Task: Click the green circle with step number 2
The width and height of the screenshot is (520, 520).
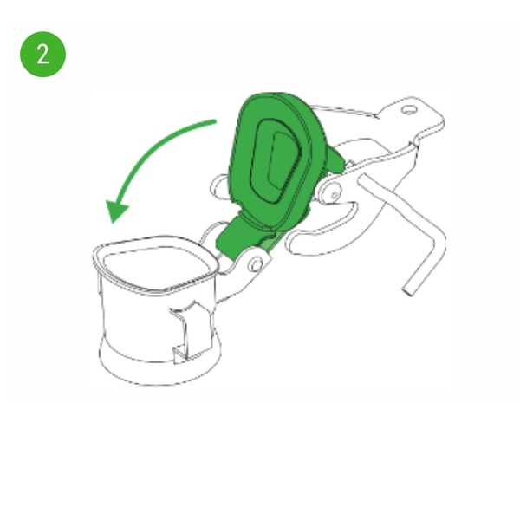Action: [x=42, y=55]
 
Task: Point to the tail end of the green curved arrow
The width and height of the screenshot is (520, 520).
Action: [x=215, y=122]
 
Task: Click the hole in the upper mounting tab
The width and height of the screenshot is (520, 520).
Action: [x=409, y=110]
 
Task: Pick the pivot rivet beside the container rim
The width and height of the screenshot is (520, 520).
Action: [x=256, y=264]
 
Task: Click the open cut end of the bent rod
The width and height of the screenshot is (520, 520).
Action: [x=407, y=291]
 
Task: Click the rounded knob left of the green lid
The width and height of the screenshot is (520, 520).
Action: [x=219, y=188]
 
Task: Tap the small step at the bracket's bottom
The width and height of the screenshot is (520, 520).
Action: [x=179, y=354]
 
